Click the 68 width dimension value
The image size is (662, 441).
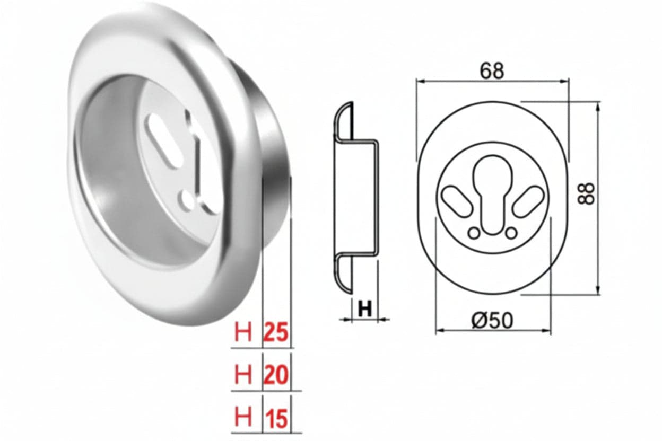pyautogui.click(x=492, y=71)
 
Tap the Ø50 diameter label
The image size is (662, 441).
pyautogui.click(x=492, y=321)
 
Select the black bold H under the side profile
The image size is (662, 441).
pyautogui.click(x=365, y=309)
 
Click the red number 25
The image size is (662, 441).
pyautogui.click(x=276, y=332)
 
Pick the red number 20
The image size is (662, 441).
pyautogui.click(x=276, y=375)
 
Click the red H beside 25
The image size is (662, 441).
pyautogui.click(x=243, y=332)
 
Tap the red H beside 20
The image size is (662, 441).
pyautogui.click(x=243, y=375)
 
